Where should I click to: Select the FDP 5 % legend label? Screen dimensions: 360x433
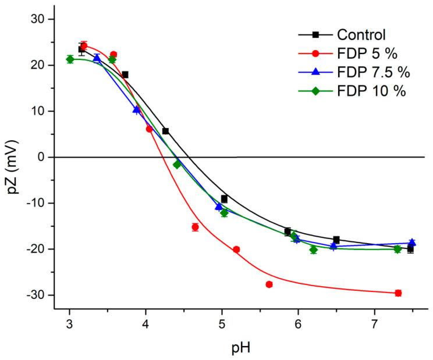click(361, 54)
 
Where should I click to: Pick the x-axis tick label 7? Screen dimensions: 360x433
click(374, 325)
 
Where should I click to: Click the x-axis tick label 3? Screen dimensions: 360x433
click(70, 325)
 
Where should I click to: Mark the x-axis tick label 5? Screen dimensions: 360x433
click(222, 325)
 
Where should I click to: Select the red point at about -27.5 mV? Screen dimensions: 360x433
click(269, 284)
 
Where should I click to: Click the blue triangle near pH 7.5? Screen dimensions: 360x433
click(412, 243)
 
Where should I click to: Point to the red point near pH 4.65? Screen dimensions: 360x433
click(195, 227)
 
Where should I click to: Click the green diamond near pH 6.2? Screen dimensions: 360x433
click(313, 249)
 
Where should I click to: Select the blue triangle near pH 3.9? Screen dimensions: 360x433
click(137, 109)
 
